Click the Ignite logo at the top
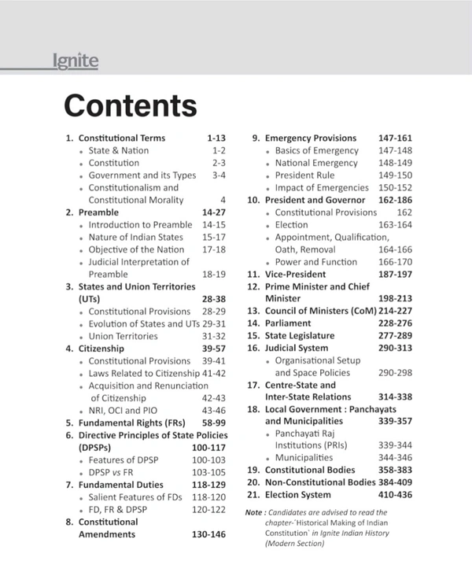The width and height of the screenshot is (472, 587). tap(76, 61)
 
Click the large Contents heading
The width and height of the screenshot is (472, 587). tap(130, 105)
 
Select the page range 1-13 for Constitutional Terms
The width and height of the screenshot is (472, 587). tap(216, 138)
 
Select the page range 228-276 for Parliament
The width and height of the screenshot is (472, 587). tap(390, 323)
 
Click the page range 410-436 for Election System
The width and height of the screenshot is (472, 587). tap(390, 494)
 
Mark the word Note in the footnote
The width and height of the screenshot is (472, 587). tap(253, 513)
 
